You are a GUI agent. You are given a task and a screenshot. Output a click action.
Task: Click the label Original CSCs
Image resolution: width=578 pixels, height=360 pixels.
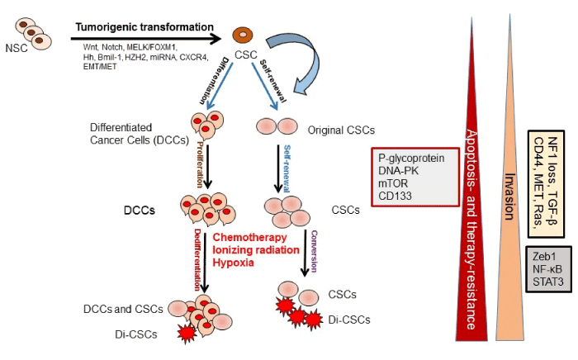(x=341, y=130)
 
